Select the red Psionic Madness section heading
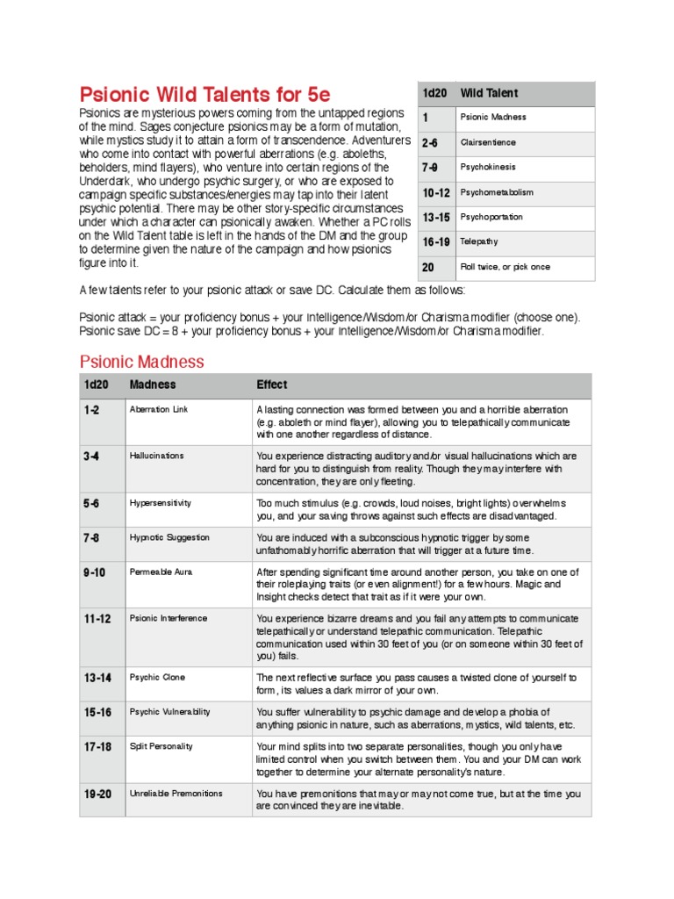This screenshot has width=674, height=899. pos(141,362)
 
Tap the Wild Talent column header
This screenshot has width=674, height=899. pos(489,93)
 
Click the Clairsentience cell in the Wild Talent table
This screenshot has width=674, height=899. pos(488,142)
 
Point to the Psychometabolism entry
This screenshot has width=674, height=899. pos(497,192)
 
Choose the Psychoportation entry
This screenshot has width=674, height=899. pos(491,217)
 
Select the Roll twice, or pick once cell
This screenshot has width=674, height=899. pos(505,267)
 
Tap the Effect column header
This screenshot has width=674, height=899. pos(271,385)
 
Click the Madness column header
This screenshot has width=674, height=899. pos(152,385)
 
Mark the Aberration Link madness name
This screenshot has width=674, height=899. pos(159,410)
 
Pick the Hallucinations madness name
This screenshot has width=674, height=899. pos(156,457)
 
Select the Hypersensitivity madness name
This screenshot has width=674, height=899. pos(160,503)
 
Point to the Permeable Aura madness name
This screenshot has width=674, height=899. pos(161,572)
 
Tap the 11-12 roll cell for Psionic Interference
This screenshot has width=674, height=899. pos(97,619)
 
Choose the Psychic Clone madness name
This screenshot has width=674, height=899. pos(157,678)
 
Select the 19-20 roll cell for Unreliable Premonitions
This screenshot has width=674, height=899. pos(97,794)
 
